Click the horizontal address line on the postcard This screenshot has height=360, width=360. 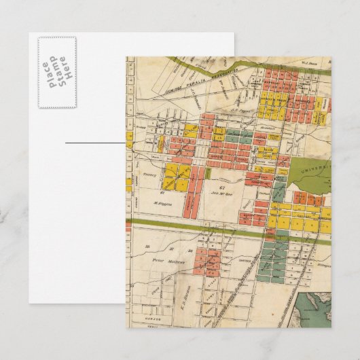95,143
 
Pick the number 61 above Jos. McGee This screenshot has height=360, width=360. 221,185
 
